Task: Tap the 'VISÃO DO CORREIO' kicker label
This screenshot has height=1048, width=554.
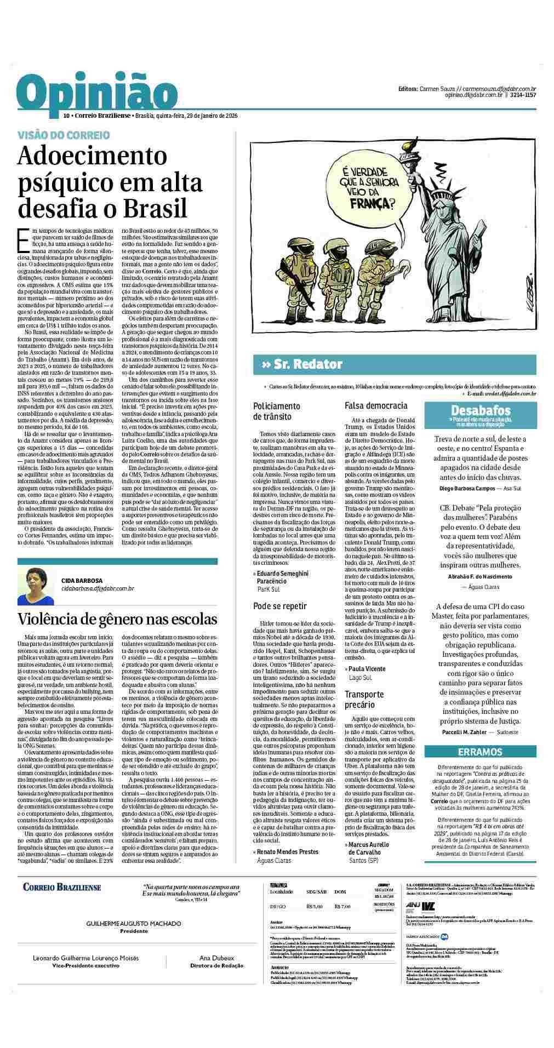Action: (64, 135)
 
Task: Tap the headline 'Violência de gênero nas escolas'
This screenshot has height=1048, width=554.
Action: (117, 619)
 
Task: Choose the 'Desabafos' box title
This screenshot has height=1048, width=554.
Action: (480, 410)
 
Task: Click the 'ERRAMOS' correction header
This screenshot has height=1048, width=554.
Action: (480, 752)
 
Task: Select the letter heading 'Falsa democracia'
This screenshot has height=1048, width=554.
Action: (376, 405)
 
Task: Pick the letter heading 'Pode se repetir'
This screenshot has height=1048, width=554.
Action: (279, 606)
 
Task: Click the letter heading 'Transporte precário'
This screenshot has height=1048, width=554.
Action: (364, 699)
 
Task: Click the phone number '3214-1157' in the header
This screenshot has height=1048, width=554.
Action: (523, 95)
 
